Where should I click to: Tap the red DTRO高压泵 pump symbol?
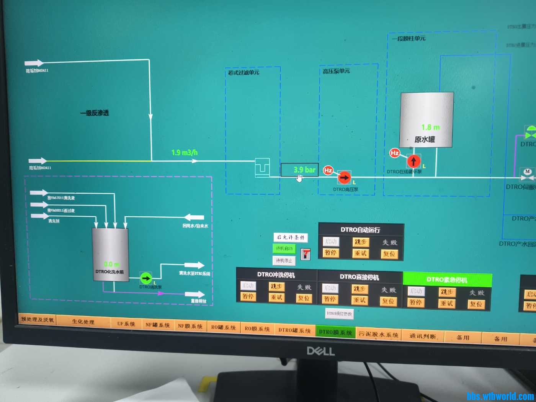(344, 177)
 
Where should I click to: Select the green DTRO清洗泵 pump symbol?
(146, 278)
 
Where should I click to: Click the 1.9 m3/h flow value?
(185, 152)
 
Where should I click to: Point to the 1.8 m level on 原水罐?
(430, 127)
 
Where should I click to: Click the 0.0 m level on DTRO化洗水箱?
(111, 264)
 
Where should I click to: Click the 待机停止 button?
(284, 261)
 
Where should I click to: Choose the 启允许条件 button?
(291, 237)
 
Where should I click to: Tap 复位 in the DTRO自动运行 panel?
(389, 253)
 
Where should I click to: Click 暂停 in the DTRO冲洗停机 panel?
(248, 296)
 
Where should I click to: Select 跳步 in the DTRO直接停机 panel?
(360, 289)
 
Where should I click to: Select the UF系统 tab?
(126, 324)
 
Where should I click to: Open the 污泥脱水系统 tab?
(378, 334)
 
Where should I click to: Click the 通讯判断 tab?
(423, 336)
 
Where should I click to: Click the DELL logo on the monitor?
(321, 351)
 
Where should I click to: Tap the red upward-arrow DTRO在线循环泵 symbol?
(413, 161)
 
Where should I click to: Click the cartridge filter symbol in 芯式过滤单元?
(262, 167)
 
